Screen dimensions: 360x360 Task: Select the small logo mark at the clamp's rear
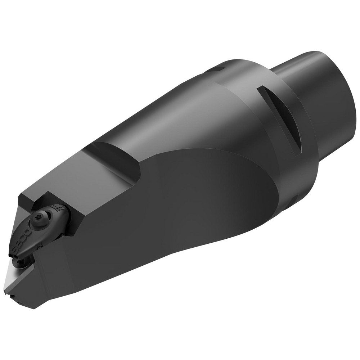tap(57, 208)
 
